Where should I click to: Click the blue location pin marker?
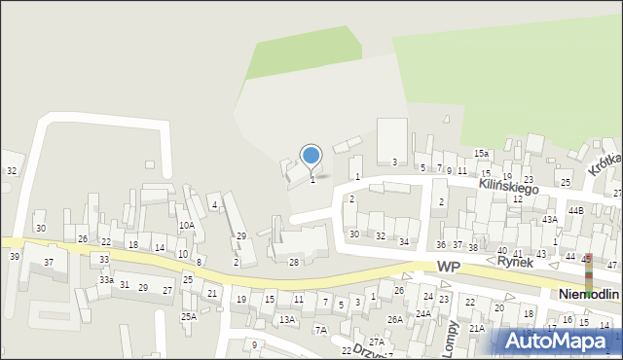(311, 156)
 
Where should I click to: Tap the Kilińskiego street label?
(508, 185)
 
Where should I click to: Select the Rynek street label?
(516, 262)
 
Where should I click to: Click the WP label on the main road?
(449, 267)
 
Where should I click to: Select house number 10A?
(186, 226)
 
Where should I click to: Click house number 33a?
(105, 280)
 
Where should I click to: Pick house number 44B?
(575, 210)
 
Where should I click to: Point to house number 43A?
(550, 220)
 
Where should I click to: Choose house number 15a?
(481, 154)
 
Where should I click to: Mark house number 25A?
(189, 316)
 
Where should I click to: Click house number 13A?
(286, 319)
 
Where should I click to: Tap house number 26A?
(394, 319)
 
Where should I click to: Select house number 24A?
(423, 313)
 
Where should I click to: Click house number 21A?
(476, 329)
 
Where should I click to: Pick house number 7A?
(320, 330)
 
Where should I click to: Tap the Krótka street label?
(605, 165)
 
